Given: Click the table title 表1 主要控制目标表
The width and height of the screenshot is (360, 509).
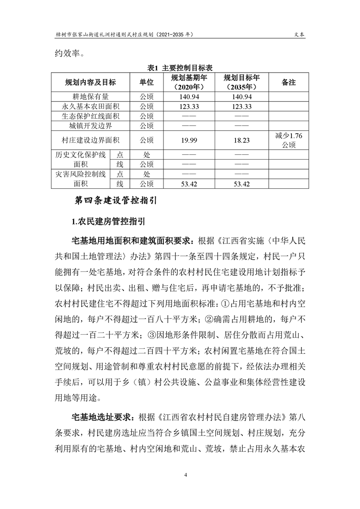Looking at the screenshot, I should tap(180, 67).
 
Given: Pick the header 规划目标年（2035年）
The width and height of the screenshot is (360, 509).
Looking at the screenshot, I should tap(242, 82).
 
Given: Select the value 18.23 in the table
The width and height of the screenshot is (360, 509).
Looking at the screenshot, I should tap(242, 140).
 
